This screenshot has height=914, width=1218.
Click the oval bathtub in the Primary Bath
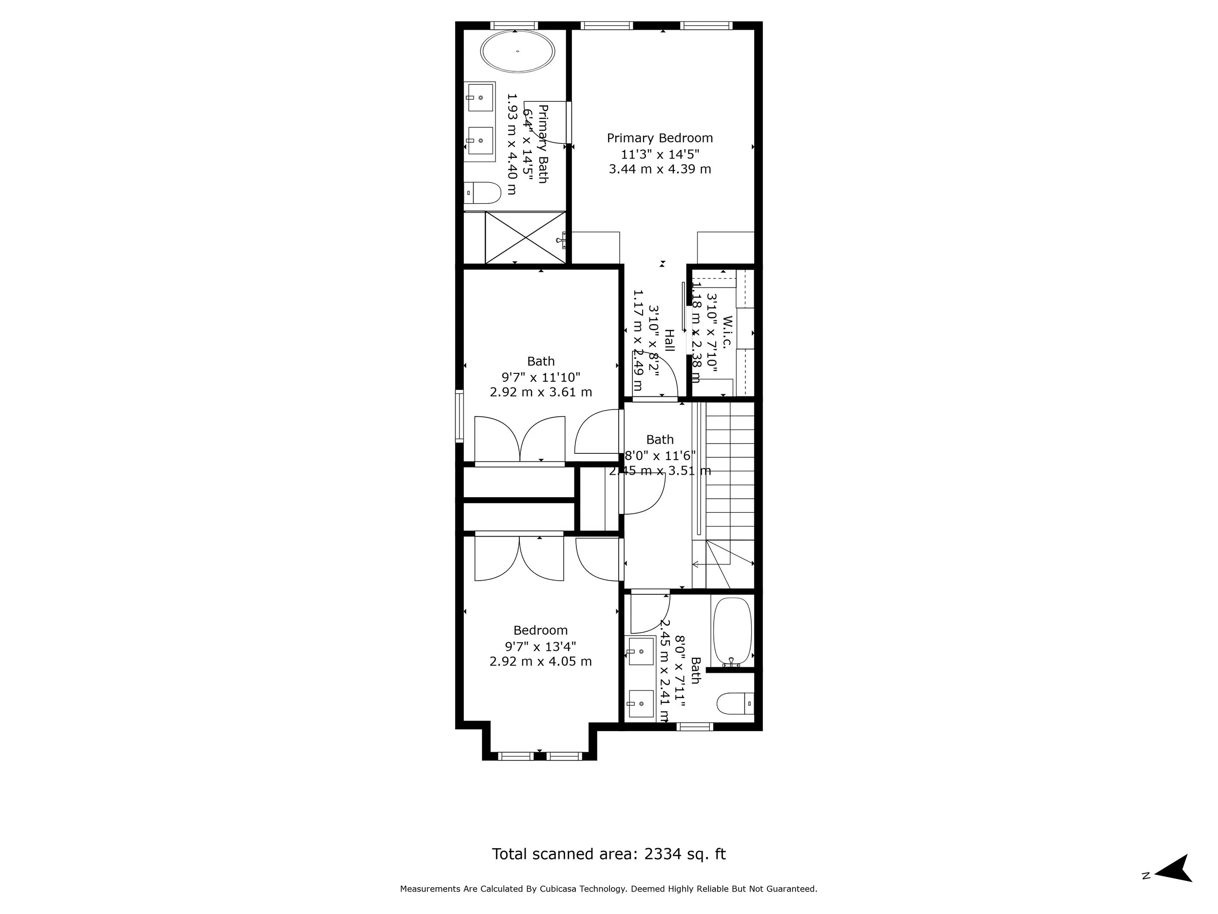517,51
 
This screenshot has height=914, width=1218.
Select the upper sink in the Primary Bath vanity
480,97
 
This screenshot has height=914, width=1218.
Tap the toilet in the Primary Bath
483,193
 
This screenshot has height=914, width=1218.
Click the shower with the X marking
525,238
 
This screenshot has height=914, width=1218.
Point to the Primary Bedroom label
660,138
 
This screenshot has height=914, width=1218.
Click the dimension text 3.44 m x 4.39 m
660,169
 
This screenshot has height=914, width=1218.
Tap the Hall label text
669,340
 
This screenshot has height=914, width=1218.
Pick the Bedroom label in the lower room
540,630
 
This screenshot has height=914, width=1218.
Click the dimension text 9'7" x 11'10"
541,377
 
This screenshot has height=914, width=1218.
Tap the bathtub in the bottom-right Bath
732,631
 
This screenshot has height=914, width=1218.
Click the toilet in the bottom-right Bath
735,703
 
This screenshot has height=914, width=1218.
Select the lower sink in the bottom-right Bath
641,704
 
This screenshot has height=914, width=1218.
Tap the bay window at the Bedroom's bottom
540,756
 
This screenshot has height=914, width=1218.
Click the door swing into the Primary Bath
545,124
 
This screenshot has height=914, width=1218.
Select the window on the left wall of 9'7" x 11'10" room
459,416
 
